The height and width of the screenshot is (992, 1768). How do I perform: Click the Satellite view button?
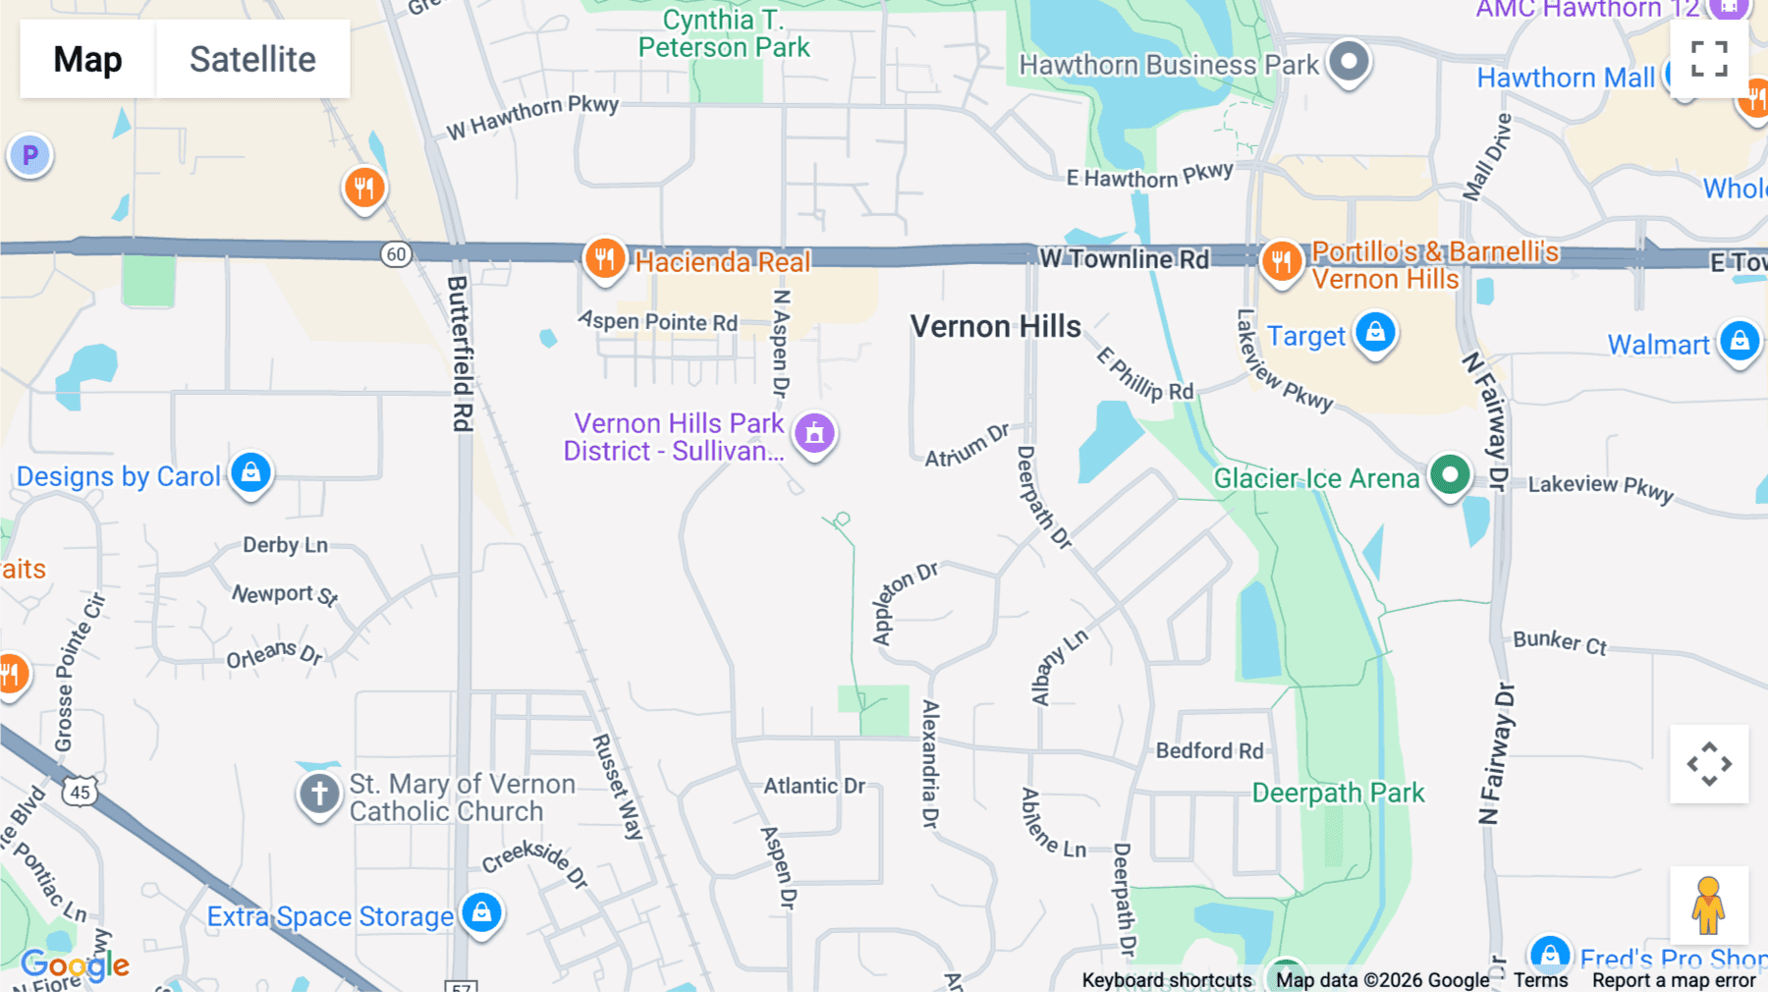252,59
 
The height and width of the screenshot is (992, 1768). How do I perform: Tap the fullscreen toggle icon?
1709,59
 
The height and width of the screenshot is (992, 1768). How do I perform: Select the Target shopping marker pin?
1375,333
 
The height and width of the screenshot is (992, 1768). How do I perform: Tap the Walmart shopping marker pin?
1740,342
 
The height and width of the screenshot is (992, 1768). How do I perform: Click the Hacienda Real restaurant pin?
605,259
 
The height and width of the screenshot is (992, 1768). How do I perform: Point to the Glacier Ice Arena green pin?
1450,475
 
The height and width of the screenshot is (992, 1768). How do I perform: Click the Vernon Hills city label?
995,327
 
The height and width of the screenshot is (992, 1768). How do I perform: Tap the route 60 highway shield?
396,254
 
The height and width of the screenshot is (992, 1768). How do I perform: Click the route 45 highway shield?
81,792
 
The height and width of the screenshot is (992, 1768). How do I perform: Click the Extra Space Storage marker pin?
481,913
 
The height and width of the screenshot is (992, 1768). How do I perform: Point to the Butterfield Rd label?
460,354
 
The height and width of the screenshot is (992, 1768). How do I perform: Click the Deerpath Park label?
1338,793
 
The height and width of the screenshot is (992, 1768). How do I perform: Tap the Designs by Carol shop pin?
250,473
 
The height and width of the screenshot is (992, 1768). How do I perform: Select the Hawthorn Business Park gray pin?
1349,62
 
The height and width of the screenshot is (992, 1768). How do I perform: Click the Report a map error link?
1674,980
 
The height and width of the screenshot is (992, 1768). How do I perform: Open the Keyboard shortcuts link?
1167,980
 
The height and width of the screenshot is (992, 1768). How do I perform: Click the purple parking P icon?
30,155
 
